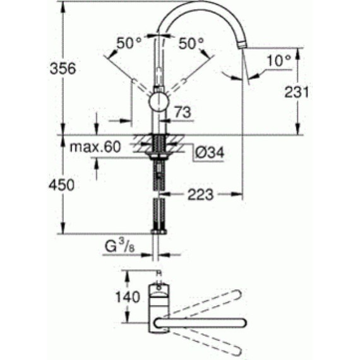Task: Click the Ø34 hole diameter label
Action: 208,152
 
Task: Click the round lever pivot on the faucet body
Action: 158,101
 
